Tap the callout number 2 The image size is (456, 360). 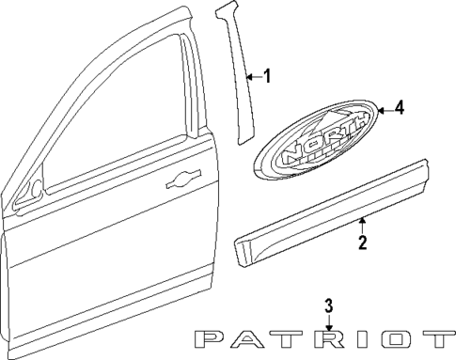click(x=362, y=243)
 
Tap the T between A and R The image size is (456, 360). click(x=291, y=339)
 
